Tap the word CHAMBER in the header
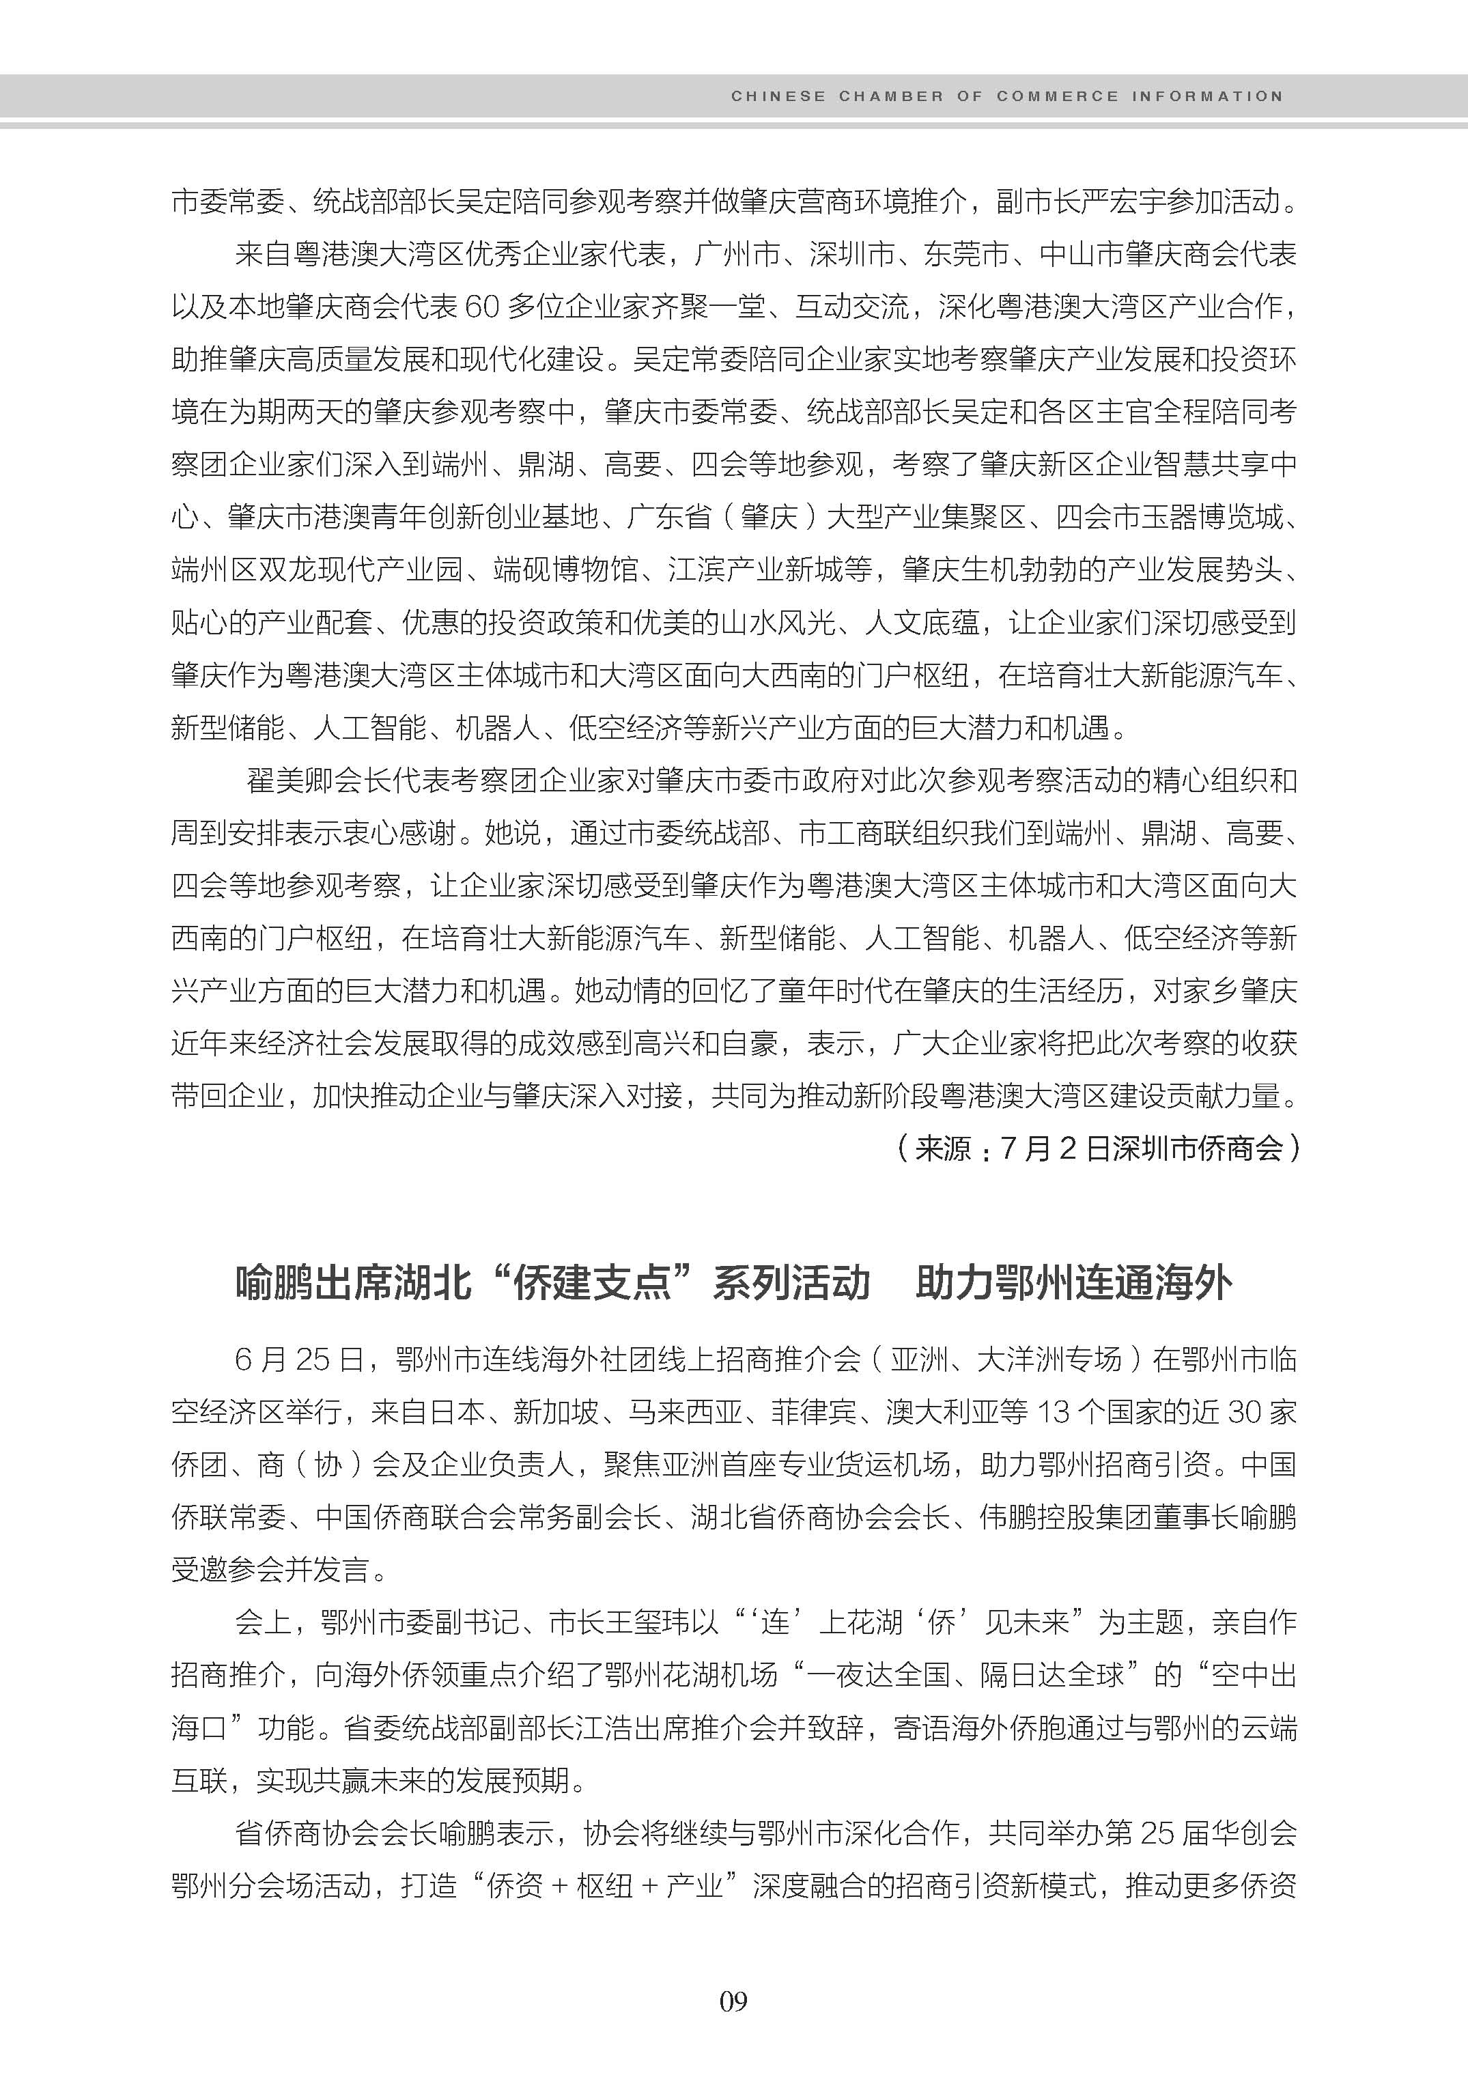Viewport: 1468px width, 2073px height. pyautogui.click(x=890, y=96)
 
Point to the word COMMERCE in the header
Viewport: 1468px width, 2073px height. pyautogui.click(x=1058, y=96)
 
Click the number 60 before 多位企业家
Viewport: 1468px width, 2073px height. pyautogui.click(x=482, y=307)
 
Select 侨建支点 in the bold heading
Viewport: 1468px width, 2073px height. pyautogui.click(x=591, y=1284)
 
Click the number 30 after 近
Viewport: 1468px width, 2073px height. pyautogui.click(x=1239, y=1412)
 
